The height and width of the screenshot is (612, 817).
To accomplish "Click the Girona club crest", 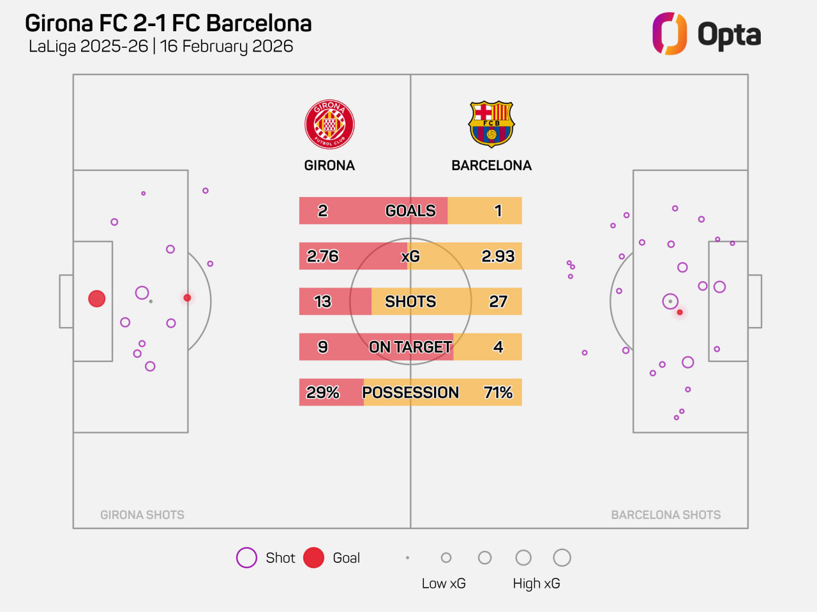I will (x=329, y=124).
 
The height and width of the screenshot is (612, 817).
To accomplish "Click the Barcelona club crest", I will (x=491, y=124).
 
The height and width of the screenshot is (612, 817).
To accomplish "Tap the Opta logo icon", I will (x=669, y=34).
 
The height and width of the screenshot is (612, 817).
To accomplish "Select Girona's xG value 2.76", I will (x=323, y=256).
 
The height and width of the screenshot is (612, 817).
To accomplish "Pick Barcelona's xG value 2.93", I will (x=498, y=256).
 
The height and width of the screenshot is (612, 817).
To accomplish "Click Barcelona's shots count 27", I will (x=498, y=302).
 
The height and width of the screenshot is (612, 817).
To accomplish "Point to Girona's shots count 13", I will (x=323, y=302).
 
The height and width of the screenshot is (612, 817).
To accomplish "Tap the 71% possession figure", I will (x=498, y=393).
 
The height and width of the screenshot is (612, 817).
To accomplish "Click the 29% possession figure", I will (x=323, y=393).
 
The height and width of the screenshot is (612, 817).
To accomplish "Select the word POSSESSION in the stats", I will (x=410, y=393).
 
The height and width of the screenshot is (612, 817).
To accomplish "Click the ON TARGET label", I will (x=410, y=347).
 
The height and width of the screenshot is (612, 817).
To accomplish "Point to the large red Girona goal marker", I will (x=97, y=298).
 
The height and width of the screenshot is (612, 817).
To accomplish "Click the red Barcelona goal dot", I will (x=680, y=312).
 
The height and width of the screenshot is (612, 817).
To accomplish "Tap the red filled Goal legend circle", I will (x=313, y=558).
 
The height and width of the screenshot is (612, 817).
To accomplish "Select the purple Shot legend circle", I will (x=246, y=558).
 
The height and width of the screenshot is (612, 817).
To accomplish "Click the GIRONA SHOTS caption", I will (x=142, y=515).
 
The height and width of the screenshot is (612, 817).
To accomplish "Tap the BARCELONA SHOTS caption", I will (x=666, y=515).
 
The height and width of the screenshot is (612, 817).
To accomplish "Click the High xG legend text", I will (x=536, y=583).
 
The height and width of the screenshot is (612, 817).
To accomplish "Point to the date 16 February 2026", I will (x=227, y=47).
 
